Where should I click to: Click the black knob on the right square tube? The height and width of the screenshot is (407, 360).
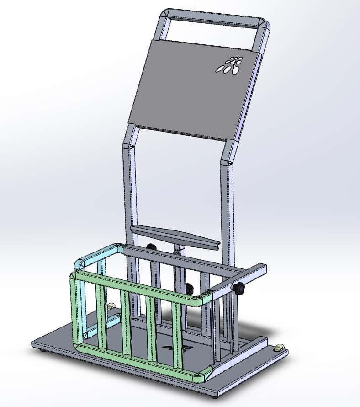[238, 288]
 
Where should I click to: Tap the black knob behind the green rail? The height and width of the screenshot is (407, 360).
[189, 289]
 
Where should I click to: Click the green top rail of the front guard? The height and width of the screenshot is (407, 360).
[137, 284]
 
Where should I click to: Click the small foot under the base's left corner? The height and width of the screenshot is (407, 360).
[43, 351]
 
